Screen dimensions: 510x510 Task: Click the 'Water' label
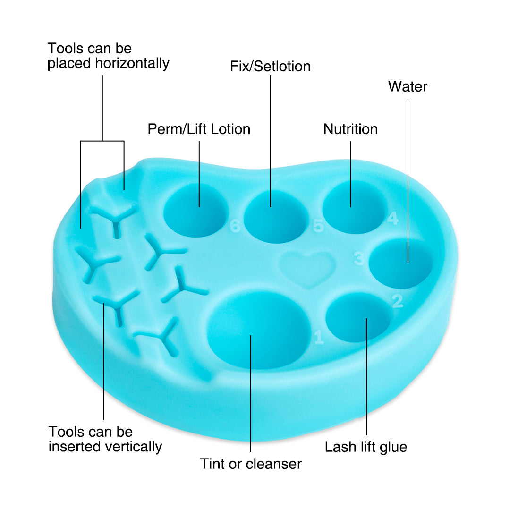click(408, 86)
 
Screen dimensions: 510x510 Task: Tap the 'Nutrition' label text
click(350, 129)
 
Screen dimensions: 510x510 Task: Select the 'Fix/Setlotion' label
click(270, 67)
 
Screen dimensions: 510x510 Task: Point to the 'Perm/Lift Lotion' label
click(199, 129)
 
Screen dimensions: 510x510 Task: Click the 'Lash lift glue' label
click(366, 447)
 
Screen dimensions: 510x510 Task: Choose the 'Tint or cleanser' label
click(251, 464)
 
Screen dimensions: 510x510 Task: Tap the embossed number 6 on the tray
click(235, 226)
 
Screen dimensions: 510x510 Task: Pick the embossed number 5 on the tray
click(318, 226)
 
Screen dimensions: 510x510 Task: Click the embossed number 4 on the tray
click(393, 218)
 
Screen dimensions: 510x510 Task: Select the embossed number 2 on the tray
click(397, 301)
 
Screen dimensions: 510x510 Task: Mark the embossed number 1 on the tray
click(319, 337)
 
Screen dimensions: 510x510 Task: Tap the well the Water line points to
click(401, 263)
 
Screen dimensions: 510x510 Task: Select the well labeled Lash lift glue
click(358, 317)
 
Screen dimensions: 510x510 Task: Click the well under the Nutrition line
click(354, 207)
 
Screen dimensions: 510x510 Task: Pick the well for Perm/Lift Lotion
click(195, 210)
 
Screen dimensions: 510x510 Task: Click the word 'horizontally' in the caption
click(132, 63)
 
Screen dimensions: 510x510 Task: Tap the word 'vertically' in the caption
click(132, 447)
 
